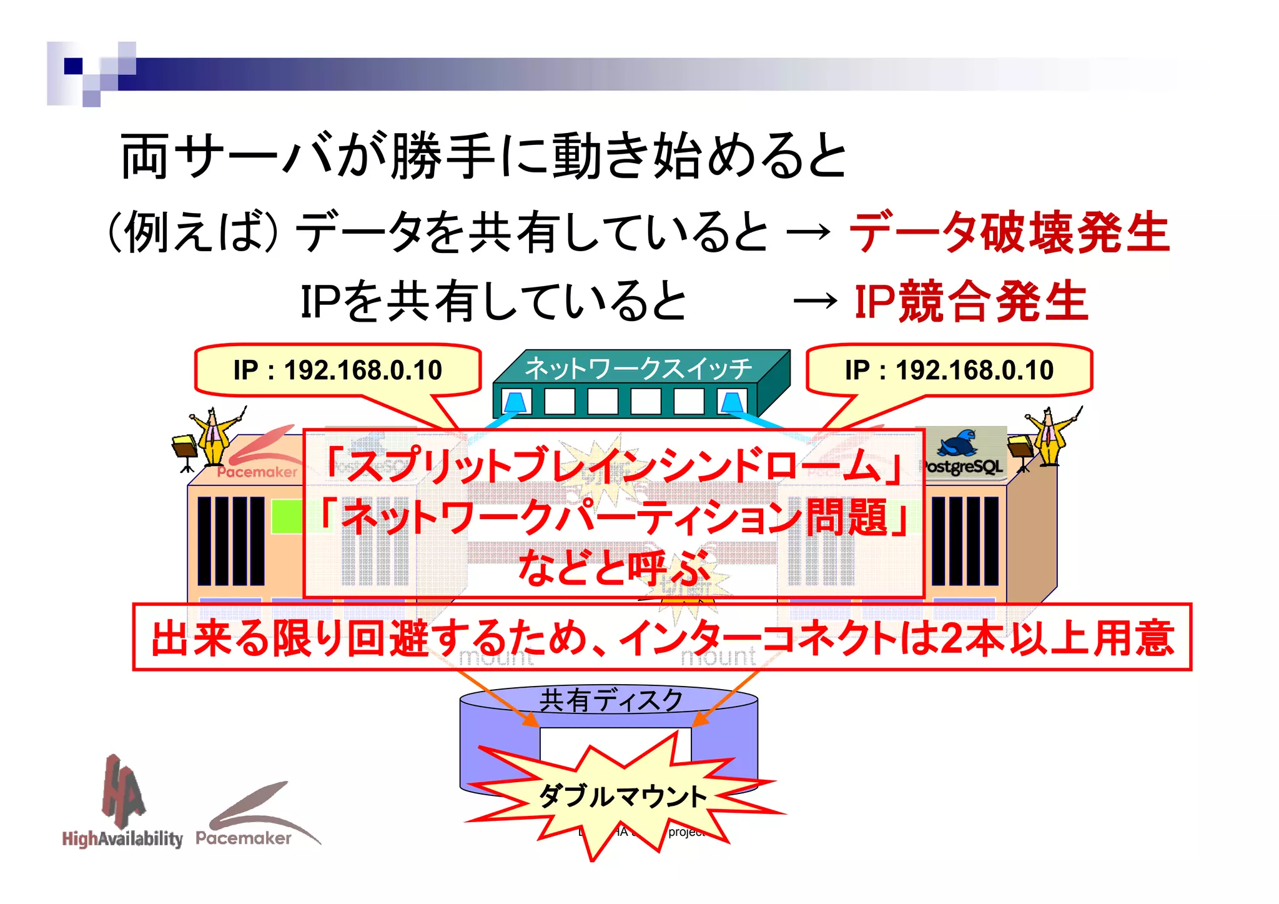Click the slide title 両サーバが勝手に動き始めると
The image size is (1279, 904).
tap(483, 156)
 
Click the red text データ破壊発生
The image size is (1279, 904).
tap(1008, 232)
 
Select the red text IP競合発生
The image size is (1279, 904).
tap(970, 302)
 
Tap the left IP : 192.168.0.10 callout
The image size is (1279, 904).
tap(338, 370)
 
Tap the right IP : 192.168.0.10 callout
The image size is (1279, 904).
tap(949, 370)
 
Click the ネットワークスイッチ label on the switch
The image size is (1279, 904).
tap(638, 368)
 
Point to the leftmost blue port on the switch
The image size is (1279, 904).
tap(516, 402)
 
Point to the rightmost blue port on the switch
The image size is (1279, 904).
tap(731, 402)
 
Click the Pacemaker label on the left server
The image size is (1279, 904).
tap(257, 472)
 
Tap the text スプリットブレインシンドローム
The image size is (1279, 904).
tap(612, 465)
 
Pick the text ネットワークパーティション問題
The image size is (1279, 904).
tap(612, 517)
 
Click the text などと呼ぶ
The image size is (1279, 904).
tap(612, 567)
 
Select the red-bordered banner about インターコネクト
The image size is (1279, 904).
tap(662, 637)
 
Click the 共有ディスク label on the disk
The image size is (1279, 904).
tap(610, 700)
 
